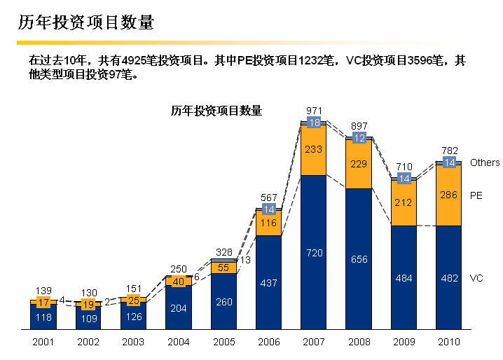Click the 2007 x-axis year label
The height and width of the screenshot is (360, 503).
click(x=313, y=342)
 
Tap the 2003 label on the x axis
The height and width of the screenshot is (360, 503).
click(x=133, y=342)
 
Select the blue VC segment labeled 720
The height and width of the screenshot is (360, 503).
click(x=313, y=252)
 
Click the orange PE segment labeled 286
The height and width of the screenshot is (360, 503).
click(x=448, y=195)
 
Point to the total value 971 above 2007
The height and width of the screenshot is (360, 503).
click(x=315, y=111)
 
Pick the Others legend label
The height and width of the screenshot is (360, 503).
click(x=485, y=162)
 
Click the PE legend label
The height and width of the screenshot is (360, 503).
click(x=476, y=195)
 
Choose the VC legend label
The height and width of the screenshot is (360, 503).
click(x=476, y=278)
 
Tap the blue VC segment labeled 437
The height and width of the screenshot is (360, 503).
click(x=268, y=283)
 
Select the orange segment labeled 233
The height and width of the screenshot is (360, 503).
click(x=313, y=149)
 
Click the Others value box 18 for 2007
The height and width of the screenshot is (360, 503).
click(x=314, y=123)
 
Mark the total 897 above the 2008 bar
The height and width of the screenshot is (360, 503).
click(x=359, y=126)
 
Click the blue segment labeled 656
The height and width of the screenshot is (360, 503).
click(x=359, y=259)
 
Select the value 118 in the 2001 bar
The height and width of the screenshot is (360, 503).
click(x=43, y=317)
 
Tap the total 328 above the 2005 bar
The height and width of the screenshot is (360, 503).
click(x=223, y=251)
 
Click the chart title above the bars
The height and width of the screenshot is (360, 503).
click(x=216, y=111)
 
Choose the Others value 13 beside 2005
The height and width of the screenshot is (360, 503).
click(x=244, y=261)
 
